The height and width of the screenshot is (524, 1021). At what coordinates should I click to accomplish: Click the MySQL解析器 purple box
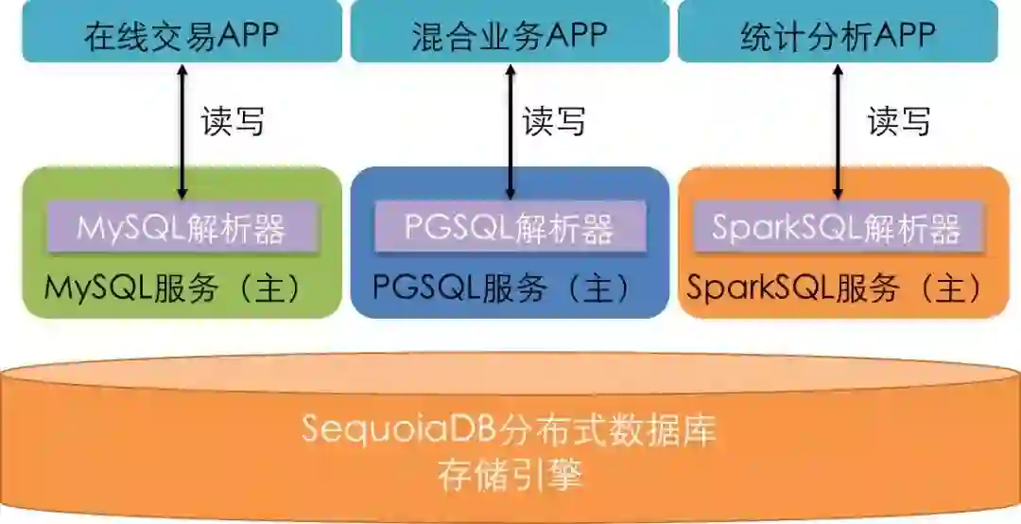[x=182, y=228]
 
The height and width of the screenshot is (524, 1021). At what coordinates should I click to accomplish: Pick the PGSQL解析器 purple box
[x=510, y=228]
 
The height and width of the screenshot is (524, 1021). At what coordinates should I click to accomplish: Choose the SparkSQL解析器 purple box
[x=837, y=228]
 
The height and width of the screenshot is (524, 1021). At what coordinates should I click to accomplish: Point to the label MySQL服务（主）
[x=175, y=288]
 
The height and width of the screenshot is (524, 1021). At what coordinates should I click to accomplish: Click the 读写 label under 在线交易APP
[x=233, y=121]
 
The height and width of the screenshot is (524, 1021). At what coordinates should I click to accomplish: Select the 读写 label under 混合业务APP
[x=555, y=121]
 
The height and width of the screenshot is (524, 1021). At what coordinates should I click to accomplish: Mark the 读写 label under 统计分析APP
[x=899, y=121]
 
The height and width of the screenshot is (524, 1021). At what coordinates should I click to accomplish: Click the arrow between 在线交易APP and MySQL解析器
[x=182, y=132]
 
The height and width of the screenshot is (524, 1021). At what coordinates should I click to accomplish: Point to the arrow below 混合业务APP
[x=510, y=132]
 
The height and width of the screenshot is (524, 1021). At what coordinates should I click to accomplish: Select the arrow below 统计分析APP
[x=838, y=132]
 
